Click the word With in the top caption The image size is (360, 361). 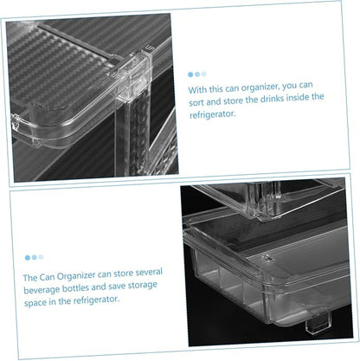pyautogui.click(x=197, y=89)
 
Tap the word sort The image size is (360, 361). pyautogui.click(x=196, y=102)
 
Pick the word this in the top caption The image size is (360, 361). pyautogui.click(x=216, y=88)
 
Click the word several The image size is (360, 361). pyautogui.click(x=149, y=272)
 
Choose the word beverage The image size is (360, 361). pyautogui.click(x=42, y=289)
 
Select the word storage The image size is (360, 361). pyautogui.click(x=143, y=286)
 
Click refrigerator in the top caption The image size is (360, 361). pyautogui.click(x=212, y=114)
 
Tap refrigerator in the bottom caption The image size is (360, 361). pyautogui.click(x=96, y=300)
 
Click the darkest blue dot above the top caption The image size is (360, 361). pyautogui.click(x=190, y=74)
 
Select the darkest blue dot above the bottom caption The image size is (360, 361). pyautogui.click(x=28, y=258)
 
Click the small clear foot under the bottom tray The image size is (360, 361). pyautogui.click(x=318, y=323)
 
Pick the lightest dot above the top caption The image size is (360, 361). pyautogui.click(x=204, y=74)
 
